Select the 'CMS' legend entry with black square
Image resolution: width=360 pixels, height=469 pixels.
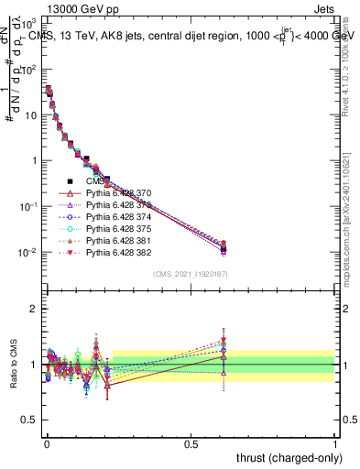[x=102, y=181]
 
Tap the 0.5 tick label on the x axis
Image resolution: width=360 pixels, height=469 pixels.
[x=191, y=443]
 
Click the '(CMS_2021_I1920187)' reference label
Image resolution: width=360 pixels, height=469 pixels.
[x=191, y=273]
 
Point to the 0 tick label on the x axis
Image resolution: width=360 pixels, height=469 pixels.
[x=46, y=443]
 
